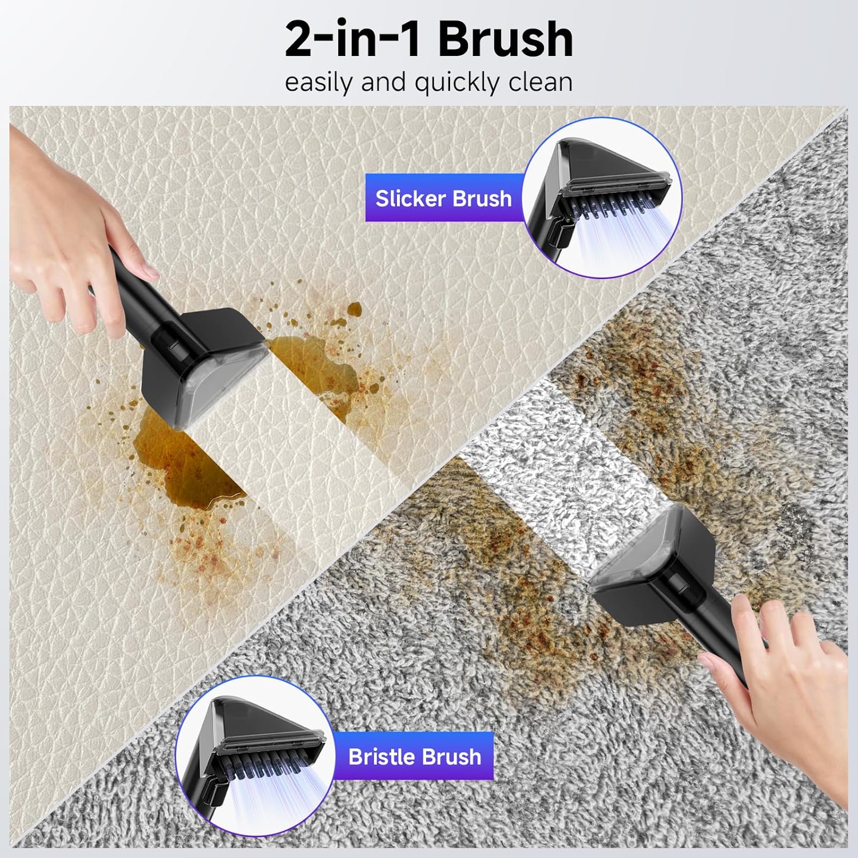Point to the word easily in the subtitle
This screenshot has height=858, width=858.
[318, 82]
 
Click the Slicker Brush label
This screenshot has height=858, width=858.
[443, 198]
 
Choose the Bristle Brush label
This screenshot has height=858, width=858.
[415, 757]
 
